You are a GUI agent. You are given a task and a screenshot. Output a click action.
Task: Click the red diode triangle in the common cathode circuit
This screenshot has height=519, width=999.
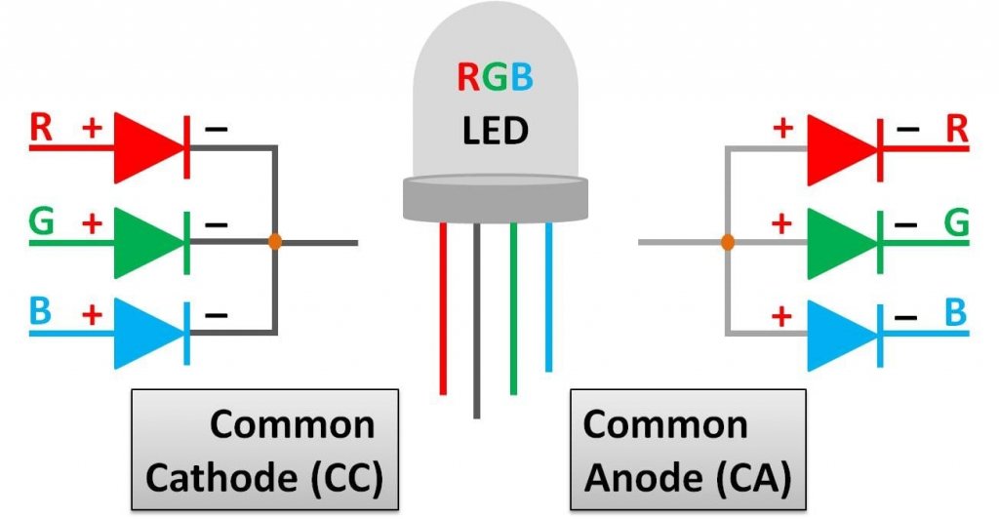(x=144, y=147)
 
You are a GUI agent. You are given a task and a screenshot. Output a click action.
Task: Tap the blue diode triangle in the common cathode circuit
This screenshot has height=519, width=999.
(x=144, y=333)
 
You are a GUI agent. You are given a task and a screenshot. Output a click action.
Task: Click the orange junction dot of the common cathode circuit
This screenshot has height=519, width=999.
(x=275, y=241)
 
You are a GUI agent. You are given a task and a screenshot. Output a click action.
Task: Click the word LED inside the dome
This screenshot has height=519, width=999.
(x=496, y=129)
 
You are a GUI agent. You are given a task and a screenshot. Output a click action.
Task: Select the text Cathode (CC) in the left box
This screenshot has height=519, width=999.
(x=264, y=478)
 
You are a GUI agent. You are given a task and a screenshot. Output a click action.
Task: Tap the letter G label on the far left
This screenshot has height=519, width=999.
(x=41, y=222)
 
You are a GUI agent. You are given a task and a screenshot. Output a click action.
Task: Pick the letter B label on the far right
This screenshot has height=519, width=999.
(x=956, y=315)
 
